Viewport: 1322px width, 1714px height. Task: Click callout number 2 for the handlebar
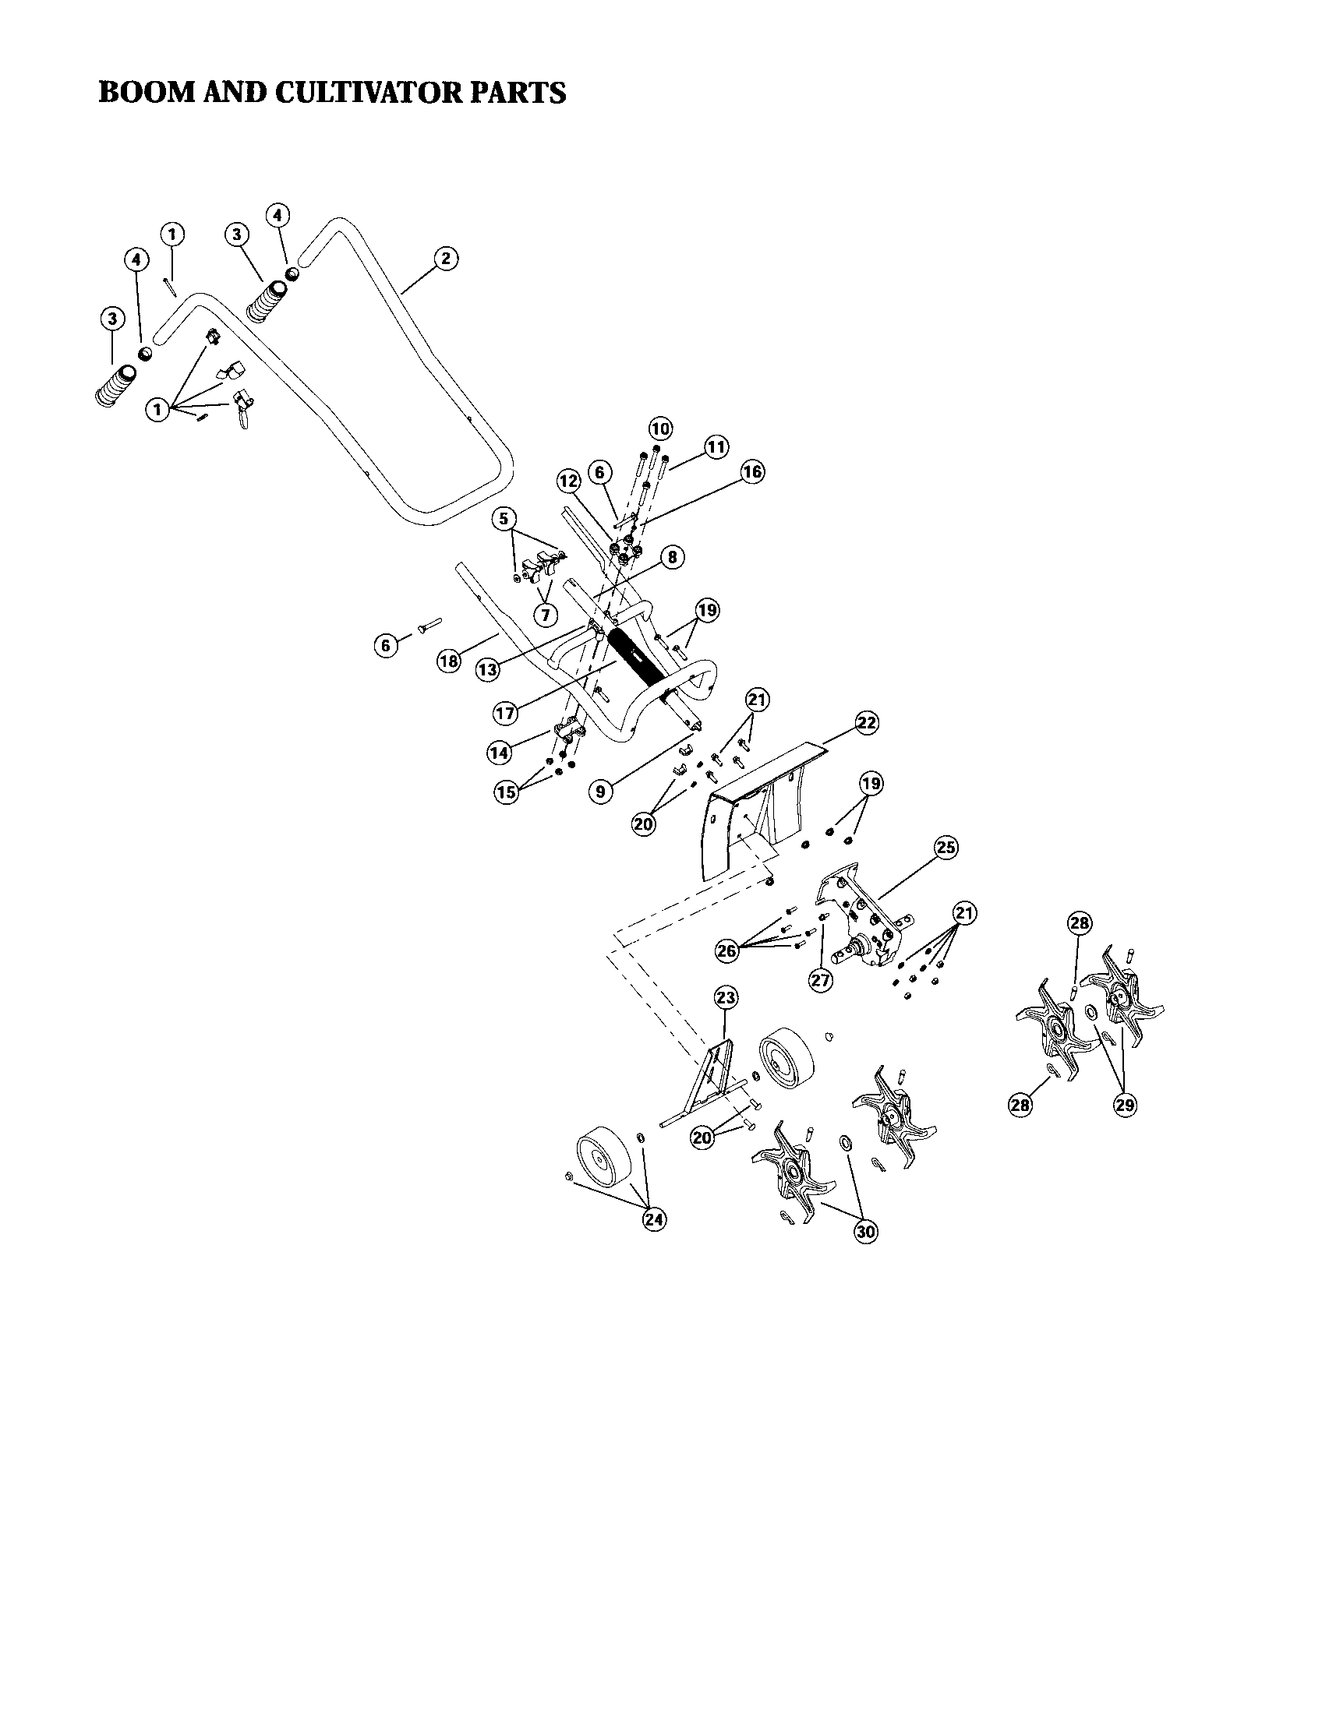pyautogui.click(x=445, y=259)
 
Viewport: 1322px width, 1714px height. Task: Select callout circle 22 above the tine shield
pyautogui.click(x=866, y=723)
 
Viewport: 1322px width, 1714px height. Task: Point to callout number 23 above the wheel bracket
pyautogui.click(x=726, y=997)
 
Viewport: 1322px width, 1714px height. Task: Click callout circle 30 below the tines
pyautogui.click(x=865, y=1231)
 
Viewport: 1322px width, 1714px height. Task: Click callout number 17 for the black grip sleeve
pyautogui.click(x=506, y=713)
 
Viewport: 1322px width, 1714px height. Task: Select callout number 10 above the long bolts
pyautogui.click(x=660, y=428)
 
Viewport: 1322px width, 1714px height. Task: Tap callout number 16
pyautogui.click(x=751, y=471)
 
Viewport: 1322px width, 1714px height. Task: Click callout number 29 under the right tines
pyautogui.click(x=1124, y=1104)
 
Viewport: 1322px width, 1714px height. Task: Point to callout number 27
pyautogui.click(x=820, y=981)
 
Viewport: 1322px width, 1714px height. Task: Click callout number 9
pyautogui.click(x=600, y=791)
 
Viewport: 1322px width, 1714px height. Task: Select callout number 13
pyautogui.click(x=487, y=669)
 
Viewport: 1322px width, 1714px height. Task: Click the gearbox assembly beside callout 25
pyautogui.click(x=864, y=926)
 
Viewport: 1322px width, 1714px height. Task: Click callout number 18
pyautogui.click(x=448, y=661)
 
